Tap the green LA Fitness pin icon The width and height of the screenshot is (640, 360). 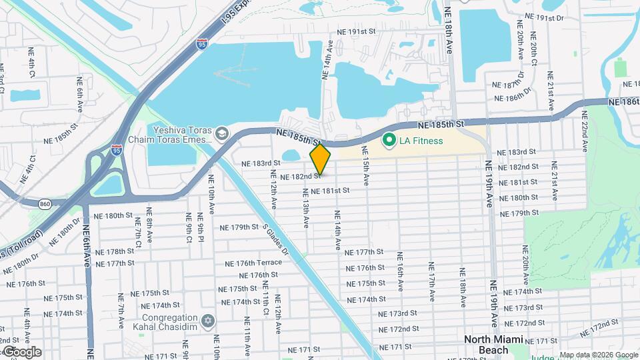coord(387,141)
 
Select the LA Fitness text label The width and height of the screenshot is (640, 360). coord(421,141)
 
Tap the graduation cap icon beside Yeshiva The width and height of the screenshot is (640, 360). coord(220,135)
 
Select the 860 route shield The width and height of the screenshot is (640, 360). coord(45,203)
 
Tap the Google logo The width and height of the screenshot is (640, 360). coord(22,352)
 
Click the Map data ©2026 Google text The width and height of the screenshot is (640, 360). coord(598,355)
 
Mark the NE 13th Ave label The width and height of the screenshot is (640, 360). coord(306,211)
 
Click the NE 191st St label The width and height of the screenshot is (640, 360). coord(357,31)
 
